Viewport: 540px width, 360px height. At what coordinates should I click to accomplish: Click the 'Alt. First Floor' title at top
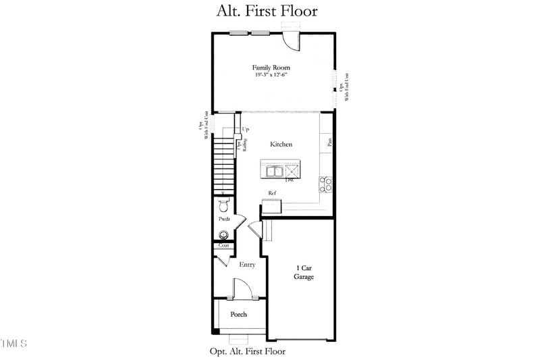click(x=267, y=11)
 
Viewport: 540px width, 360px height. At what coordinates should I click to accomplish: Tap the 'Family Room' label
click(x=266, y=68)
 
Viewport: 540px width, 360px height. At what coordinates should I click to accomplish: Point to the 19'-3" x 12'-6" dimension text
click(x=267, y=76)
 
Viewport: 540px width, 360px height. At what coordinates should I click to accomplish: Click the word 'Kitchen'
click(x=281, y=145)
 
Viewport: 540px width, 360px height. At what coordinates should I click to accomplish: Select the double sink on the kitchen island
click(x=274, y=171)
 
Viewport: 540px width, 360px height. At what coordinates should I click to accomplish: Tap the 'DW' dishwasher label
click(x=289, y=180)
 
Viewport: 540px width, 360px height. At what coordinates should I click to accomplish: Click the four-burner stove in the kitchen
click(x=326, y=184)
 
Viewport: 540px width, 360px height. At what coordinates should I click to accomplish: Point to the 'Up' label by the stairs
click(x=245, y=130)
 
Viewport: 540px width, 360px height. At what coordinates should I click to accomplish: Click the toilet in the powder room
click(x=224, y=205)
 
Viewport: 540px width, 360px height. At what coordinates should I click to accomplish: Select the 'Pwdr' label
click(x=224, y=220)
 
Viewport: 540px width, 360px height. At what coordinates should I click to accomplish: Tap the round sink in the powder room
click(x=222, y=235)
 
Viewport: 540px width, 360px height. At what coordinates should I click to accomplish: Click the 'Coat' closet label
click(x=223, y=245)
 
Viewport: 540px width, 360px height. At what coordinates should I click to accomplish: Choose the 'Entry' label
click(x=247, y=265)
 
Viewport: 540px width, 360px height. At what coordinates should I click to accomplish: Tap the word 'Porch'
click(x=238, y=314)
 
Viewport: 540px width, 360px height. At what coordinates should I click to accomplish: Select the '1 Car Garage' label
click(x=303, y=272)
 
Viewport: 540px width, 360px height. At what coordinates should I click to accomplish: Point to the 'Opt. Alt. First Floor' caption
click(x=247, y=351)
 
